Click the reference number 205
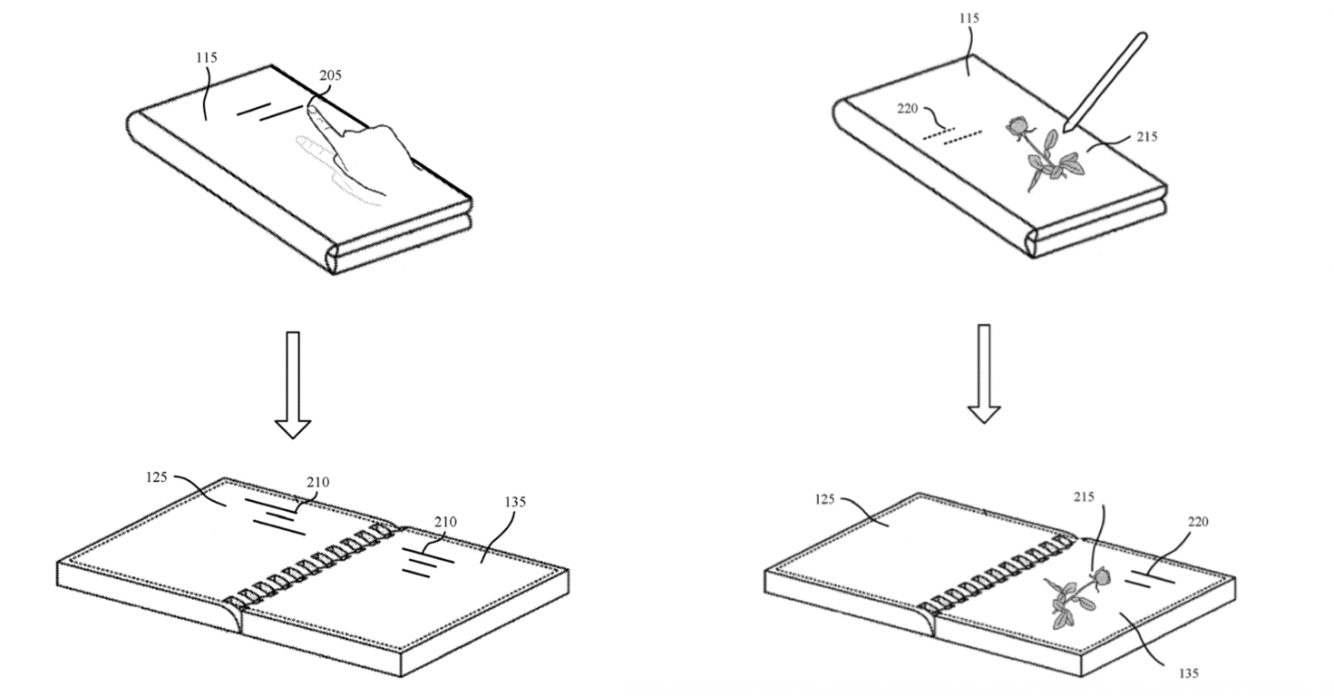[330, 76]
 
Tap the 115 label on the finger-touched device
[207, 58]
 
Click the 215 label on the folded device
[1146, 137]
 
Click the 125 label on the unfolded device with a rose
[824, 499]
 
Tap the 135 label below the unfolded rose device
[1187, 673]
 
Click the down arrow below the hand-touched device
[293, 385]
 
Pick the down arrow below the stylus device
[983, 373]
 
